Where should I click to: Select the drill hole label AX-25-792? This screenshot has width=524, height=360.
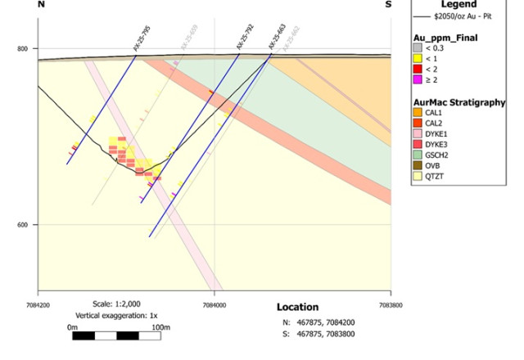(x=245, y=39)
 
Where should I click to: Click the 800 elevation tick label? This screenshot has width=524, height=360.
(x=23, y=48)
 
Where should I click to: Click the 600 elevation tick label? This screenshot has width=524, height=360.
(x=23, y=225)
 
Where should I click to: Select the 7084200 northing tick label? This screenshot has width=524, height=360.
(x=38, y=298)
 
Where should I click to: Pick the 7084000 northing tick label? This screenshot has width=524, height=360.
(x=215, y=298)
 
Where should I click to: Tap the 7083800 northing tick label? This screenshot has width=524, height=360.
(x=391, y=298)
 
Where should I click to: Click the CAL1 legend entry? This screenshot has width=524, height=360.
(x=434, y=112)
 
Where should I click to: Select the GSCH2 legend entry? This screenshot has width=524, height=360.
(x=437, y=154)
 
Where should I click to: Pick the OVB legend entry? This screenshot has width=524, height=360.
(x=433, y=164)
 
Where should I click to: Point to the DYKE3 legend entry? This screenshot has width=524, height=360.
(x=436, y=143)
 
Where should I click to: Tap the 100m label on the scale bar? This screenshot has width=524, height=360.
(x=160, y=327)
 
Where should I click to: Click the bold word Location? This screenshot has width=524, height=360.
(x=297, y=307)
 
